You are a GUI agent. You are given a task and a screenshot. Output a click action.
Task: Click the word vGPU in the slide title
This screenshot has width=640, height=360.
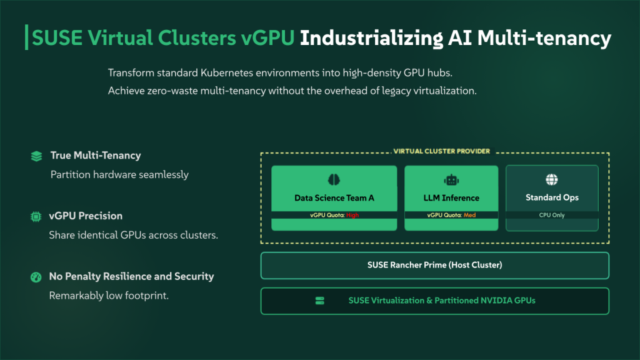268,39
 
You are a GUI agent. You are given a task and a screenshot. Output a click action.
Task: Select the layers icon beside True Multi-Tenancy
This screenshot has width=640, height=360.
36,156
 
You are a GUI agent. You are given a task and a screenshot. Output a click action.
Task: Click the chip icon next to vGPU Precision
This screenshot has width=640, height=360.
36,216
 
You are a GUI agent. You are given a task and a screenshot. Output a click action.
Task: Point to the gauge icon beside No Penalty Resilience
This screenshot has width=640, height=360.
36,277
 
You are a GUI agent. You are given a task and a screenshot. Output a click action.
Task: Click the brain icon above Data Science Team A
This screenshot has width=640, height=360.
334,180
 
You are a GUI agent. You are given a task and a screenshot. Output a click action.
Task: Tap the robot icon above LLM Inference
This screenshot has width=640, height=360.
451,180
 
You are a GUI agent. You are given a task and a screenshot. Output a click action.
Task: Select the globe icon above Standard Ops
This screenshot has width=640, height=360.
552,180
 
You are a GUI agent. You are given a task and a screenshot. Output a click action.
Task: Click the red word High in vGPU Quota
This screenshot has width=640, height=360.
352,215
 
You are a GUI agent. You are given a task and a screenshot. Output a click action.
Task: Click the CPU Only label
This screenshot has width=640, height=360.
552,215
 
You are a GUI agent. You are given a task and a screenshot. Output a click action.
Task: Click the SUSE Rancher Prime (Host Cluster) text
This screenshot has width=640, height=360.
434,265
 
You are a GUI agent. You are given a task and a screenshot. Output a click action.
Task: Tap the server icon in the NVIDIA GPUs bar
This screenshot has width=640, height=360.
320,301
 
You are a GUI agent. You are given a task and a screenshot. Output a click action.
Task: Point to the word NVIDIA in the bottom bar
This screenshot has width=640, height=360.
496,301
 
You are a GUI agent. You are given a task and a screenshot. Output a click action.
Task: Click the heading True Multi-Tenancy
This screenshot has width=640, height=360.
96,156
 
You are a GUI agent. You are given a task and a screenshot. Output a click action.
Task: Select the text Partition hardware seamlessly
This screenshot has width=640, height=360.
119,174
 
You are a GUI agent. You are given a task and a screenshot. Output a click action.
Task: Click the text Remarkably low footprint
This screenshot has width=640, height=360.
109,296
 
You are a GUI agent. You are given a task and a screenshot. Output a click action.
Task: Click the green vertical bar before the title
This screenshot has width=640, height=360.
26,38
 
